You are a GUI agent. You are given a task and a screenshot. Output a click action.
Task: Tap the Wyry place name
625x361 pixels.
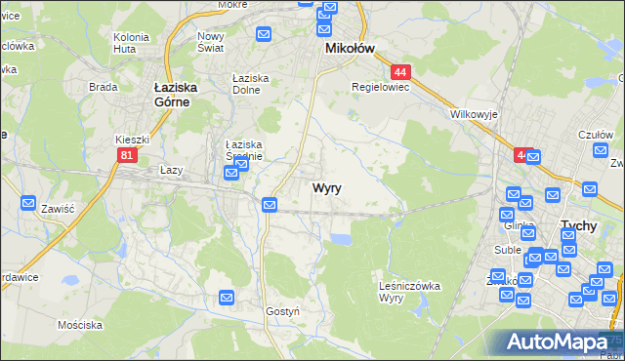tap(326, 188)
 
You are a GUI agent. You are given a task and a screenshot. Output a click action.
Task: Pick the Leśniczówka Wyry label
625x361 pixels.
tap(409, 291)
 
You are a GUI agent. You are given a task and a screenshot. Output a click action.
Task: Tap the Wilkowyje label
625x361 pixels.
tap(475, 114)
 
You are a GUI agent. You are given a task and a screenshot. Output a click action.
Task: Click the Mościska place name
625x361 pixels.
tap(80, 324)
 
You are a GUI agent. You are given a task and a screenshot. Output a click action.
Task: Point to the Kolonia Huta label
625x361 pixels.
tap(131, 42)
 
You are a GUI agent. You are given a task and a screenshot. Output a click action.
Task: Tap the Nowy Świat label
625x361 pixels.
tap(211, 42)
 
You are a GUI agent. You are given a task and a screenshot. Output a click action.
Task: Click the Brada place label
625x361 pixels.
tap(103, 86)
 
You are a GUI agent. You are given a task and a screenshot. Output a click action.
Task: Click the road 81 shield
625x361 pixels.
tap(126, 155)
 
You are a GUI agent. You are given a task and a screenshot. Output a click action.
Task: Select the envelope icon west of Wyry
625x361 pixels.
tap(270, 204)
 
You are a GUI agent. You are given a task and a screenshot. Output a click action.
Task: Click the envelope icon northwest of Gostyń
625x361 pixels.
tap(227, 297)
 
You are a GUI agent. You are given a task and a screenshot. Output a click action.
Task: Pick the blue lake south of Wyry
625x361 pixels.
tap(340, 239)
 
